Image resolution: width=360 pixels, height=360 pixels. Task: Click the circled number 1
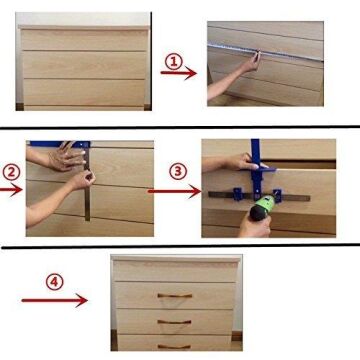pyautogui.click(x=174, y=61)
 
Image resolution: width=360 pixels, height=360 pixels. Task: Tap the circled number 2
pyautogui.click(x=12, y=172)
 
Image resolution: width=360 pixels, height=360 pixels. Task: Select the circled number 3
pyautogui.click(x=178, y=171)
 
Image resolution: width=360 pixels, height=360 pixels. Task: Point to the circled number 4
pyautogui.click(x=55, y=282)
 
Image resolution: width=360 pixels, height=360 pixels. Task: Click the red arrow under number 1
pyautogui.click(x=179, y=73)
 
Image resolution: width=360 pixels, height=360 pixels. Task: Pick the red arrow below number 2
pyautogui.click(x=11, y=190)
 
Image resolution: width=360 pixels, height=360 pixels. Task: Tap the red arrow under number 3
pyautogui.click(x=174, y=191)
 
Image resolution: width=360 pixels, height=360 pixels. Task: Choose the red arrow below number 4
pyautogui.click(x=55, y=300)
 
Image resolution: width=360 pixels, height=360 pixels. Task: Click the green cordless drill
pyautogui.click(x=262, y=208)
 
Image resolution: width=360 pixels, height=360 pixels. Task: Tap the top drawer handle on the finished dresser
pyautogui.click(x=175, y=295)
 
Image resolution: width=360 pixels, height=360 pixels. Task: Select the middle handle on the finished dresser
pyautogui.click(x=174, y=322)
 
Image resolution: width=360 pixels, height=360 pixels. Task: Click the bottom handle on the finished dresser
pyautogui.click(x=174, y=347)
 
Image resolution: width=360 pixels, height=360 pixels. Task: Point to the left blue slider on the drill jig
pyautogui.click(x=238, y=194)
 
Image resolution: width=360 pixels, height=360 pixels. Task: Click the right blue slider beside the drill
pyautogui.click(x=277, y=195)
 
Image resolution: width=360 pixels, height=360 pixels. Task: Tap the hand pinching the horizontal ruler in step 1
pyautogui.click(x=251, y=62)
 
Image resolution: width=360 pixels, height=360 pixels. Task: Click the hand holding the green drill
pyautogui.click(x=255, y=226)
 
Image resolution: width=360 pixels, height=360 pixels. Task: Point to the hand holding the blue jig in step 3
pyautogui.click(x=244, y=162)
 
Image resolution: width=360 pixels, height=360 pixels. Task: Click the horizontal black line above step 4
pyautogui.click(x=180, y=246)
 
